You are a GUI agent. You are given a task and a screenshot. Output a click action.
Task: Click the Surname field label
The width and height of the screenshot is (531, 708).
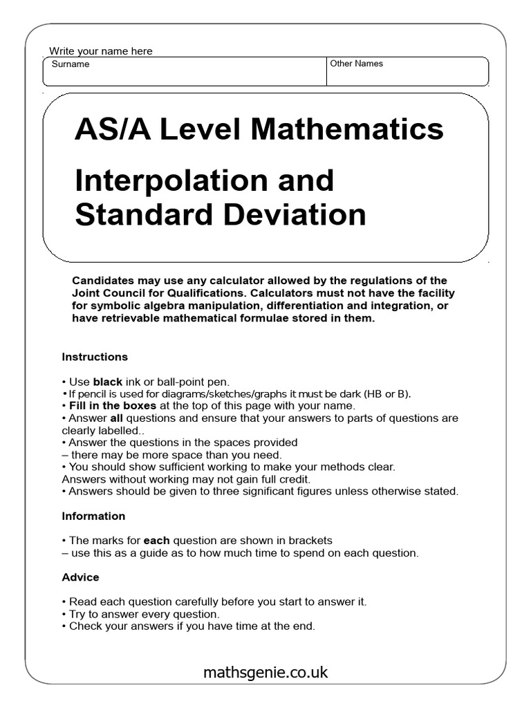(71, 64)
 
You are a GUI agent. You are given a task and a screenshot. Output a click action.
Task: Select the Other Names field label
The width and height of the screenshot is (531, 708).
(356, 64)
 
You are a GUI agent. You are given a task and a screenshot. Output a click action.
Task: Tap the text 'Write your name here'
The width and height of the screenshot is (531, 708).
(101, 51)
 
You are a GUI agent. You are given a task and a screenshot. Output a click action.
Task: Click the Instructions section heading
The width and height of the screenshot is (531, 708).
(95, 357)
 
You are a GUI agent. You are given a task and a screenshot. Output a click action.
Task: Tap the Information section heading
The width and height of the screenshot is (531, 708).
(93, 516)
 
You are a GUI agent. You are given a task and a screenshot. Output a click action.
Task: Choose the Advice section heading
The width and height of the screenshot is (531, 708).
(80, 577)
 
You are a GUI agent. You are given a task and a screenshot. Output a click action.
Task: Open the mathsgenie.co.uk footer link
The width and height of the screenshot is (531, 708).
(265, 672)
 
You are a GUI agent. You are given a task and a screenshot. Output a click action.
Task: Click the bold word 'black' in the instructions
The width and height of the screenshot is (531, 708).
(107, 382)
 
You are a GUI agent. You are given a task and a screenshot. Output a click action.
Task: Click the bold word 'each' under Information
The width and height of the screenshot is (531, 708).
(156, 540)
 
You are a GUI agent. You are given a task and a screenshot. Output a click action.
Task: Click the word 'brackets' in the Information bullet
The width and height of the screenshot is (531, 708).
(310, 540)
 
